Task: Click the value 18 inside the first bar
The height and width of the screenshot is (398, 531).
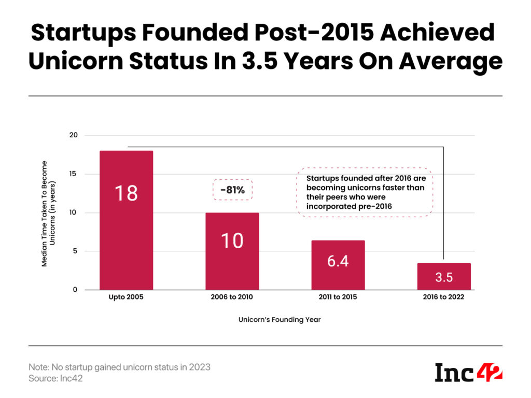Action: coord(126,193)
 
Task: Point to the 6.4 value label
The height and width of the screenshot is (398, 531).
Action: coord(338,261)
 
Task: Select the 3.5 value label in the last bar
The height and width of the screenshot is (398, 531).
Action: coord(444,277)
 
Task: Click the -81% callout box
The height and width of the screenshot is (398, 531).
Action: coord(232,190)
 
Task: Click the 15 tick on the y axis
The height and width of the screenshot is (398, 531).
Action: coord(73,174)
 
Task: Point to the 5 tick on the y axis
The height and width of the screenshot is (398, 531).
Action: coord(75,251)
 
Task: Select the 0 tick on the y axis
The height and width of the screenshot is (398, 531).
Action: coord(75,290)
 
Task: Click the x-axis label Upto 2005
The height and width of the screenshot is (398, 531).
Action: coord(126,297)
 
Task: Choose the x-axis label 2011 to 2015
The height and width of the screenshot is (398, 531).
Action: coord(338,297)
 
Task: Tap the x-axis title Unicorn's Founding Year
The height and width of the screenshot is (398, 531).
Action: coord(280,320)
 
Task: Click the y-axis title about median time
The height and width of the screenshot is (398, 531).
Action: coord(49,212)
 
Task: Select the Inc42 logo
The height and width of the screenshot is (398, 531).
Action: coord(468,372)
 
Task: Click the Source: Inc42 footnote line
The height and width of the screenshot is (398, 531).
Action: coord(55,378)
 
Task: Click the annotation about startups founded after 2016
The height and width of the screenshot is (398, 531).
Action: coord(365,192)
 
